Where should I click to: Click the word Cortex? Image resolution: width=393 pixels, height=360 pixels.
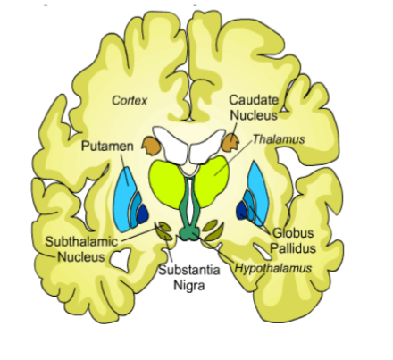click(129, 100)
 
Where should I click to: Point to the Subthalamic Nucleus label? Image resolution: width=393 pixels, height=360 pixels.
click(77, 248)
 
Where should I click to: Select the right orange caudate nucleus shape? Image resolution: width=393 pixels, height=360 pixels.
click(230, 141)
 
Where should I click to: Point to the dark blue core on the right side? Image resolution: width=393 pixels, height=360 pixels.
click(242, 211)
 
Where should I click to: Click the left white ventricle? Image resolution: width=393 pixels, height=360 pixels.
click(170, 139)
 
